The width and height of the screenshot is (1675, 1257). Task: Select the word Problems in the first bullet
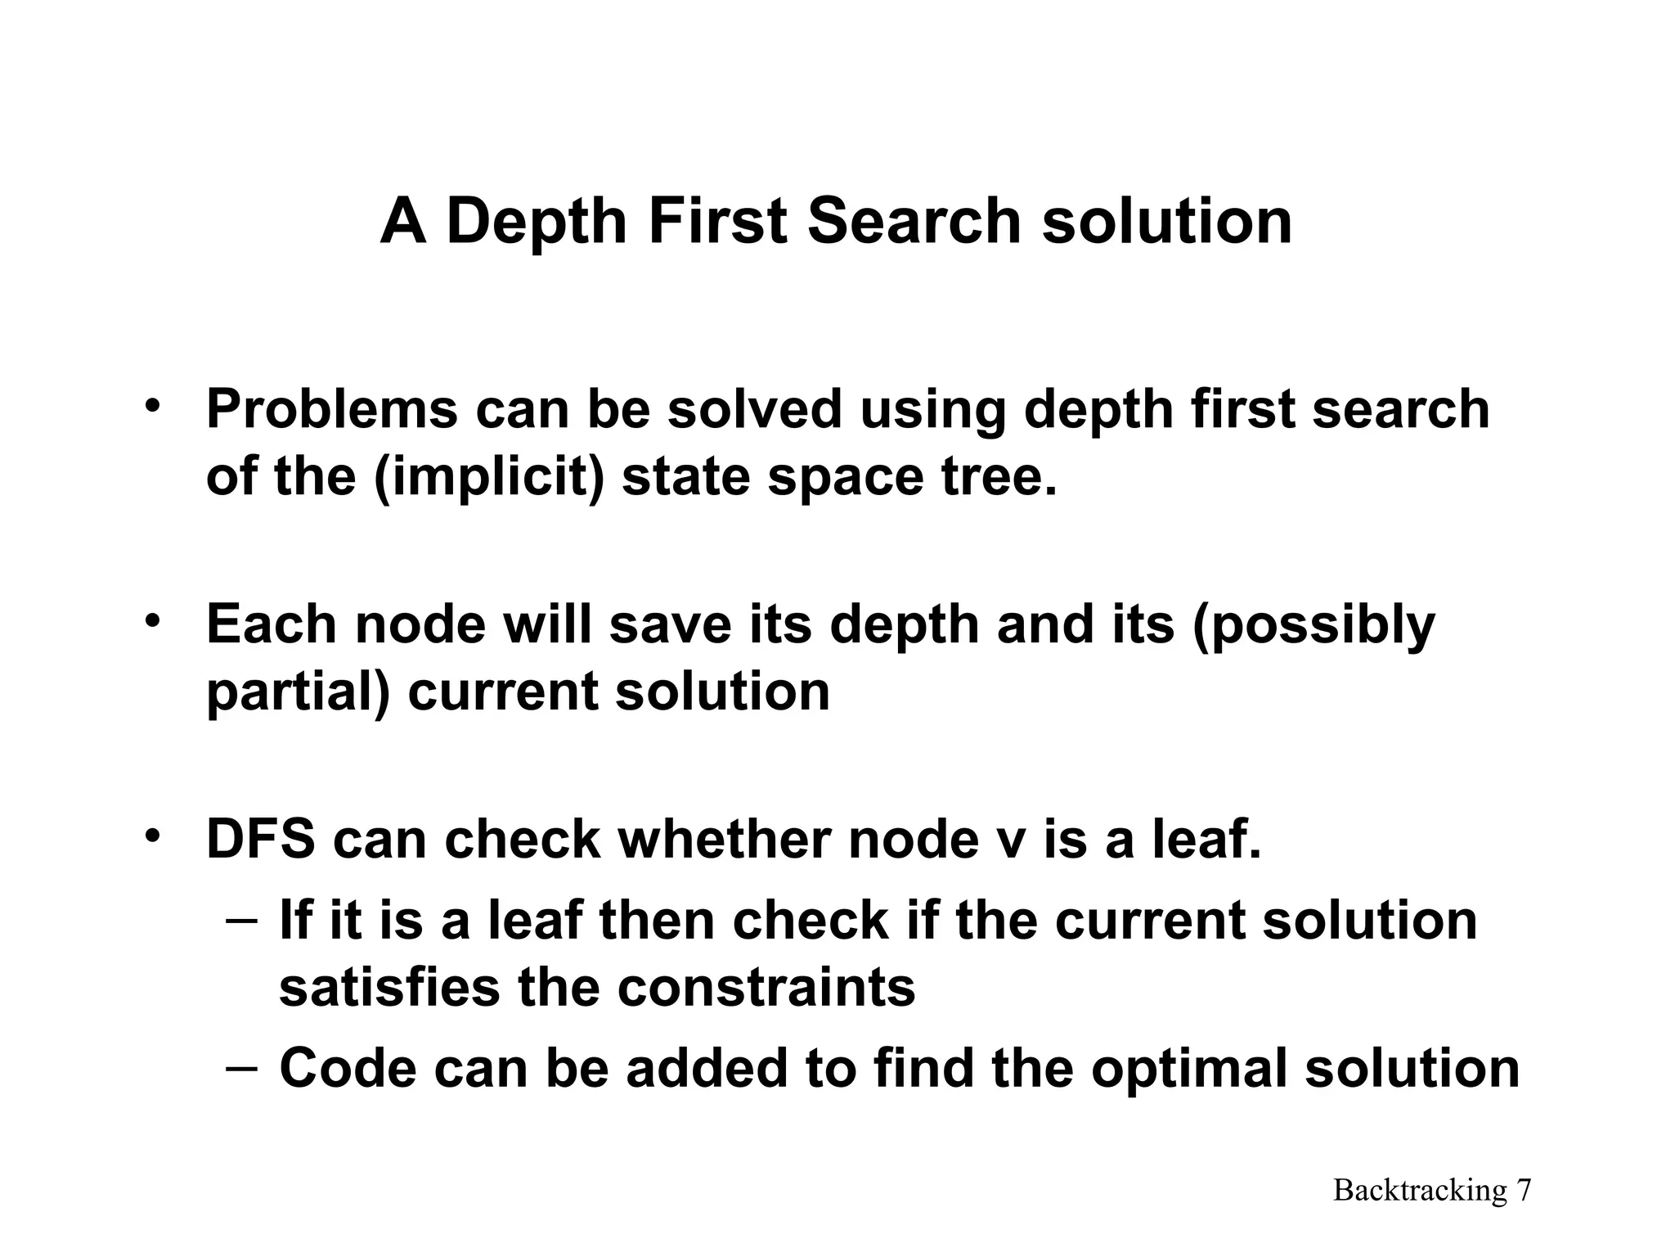coord(331,409)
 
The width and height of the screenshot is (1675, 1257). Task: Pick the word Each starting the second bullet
coord(271,624)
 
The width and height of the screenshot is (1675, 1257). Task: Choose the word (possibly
coord(1314,626)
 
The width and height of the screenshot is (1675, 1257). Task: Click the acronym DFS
coord(260,840)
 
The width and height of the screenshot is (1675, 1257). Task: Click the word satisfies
coord(388,988)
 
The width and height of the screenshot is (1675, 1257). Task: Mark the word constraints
coord(766,988)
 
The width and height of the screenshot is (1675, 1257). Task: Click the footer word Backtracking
coord(1420,1190)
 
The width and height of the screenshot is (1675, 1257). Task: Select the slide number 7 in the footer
coord(1524,1190)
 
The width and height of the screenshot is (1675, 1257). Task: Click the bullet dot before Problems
coord(151,405)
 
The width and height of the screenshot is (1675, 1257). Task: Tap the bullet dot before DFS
coord(151,836)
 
